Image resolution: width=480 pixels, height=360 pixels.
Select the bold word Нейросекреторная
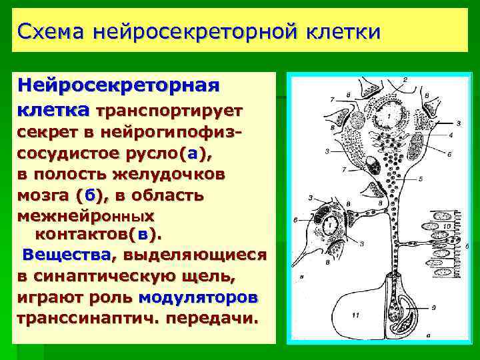point(119,86)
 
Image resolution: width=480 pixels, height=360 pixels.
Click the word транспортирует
point(170,109)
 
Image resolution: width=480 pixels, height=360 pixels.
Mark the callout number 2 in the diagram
point(405,80)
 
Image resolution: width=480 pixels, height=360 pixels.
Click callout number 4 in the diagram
point(451,135)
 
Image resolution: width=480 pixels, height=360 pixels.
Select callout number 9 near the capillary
point(433,307)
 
